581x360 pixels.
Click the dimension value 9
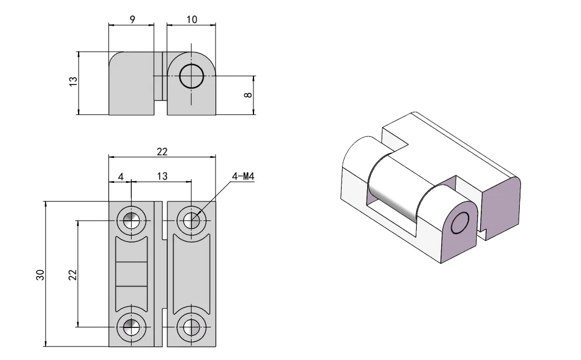pyautogui.click(x=132, y=19)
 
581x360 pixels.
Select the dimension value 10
pyautogui.click(x=192, y=19)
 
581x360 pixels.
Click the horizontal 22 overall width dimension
pyautogui.click(x=162, y=151)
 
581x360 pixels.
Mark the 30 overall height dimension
pyautogui.click(x=40, y=275)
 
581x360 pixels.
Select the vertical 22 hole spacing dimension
pyautogui.click(x=72, y=274)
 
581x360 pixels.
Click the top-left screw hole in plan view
pyautogui.click(x=132, y=221)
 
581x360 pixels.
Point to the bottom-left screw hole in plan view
pyautogui.click(x=132, y=327)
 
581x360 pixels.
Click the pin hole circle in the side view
pyautogui.click(x=191, y=76)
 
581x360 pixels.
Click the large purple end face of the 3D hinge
pyautogui.click(x=501, y=204)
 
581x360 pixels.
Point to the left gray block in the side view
pyautogui.click(x=131, y=84)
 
